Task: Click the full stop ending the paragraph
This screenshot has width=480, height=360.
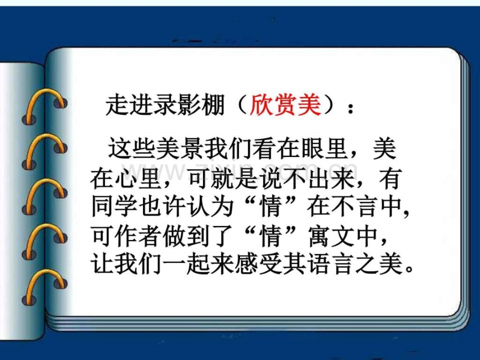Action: click(x=409, y=269)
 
